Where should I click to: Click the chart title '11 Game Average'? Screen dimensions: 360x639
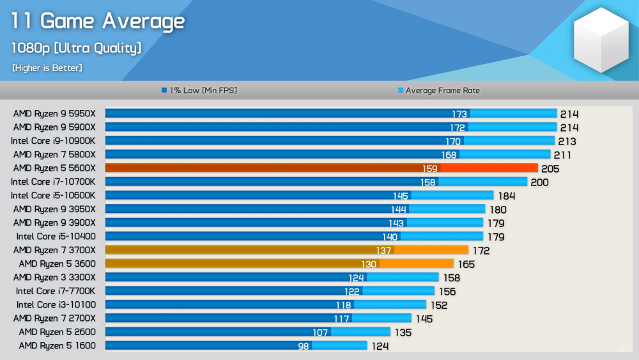[98, 21]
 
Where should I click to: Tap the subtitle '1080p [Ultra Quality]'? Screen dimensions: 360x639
[76, 48]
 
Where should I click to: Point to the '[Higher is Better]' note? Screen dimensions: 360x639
[47, 68]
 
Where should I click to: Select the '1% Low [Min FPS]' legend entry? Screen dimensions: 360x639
[199, 91]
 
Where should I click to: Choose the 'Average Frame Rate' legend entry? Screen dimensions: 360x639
[438, 91]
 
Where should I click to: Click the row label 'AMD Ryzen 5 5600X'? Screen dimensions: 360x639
[54, 168]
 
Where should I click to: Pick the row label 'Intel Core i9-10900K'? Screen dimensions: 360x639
[53, 141]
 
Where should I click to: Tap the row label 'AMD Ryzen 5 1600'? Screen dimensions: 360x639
[57, 346]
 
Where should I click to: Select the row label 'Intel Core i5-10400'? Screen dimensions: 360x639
[56, 237]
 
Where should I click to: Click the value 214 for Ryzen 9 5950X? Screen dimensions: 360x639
[569, 114]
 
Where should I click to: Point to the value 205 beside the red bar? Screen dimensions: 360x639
[550, 169]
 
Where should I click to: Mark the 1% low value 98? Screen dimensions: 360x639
[304, 346]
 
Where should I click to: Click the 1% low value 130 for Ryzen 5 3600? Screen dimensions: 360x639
[369, 264]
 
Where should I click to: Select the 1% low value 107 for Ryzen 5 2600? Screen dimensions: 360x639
[320, 333]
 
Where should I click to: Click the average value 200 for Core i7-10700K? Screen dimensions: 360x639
[539, 182]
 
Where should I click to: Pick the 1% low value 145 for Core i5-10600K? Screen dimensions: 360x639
[401, 196]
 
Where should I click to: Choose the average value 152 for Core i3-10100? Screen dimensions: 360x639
[438, 305]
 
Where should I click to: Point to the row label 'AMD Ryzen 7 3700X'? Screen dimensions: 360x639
[54, 250]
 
